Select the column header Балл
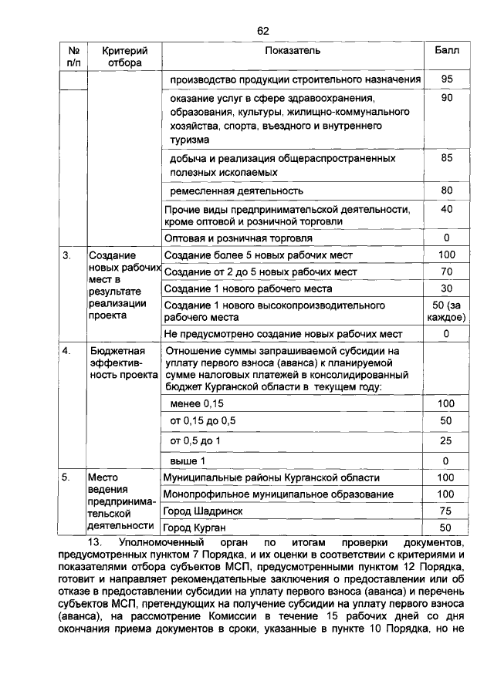[445, 50]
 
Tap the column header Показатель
[293, 50]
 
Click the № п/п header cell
[73, 56]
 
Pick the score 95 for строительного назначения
[445, 79]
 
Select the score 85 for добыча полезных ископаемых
[445, 158]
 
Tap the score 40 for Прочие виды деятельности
[445, 209]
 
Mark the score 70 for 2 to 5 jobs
[445, 272]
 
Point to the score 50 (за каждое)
[445, 312]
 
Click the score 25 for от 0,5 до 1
[445, 440]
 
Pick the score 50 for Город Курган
[445, 528]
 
